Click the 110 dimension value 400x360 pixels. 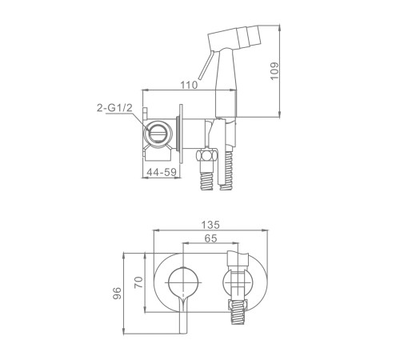pyautogui.click(x=189, y=85)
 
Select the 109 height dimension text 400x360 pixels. pyautogui.click(x=274, y=70)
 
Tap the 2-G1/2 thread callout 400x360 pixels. pyautogui.click(x=114, y=108)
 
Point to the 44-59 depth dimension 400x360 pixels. pyautogui.click(x=162, y=172)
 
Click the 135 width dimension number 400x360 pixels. pyautogui.click(x=210, y=225)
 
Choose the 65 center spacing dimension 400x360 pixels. pyautogui.click(x=210, y=238)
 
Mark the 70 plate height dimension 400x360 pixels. pyautogui.click(x=138, y=282)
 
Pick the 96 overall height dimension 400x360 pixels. pyautogui.click(x=117, y=293)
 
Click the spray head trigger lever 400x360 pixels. pyautogui.click(x=205, y=65)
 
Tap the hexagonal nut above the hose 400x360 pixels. pyautogui.click(x=207, y=155)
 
